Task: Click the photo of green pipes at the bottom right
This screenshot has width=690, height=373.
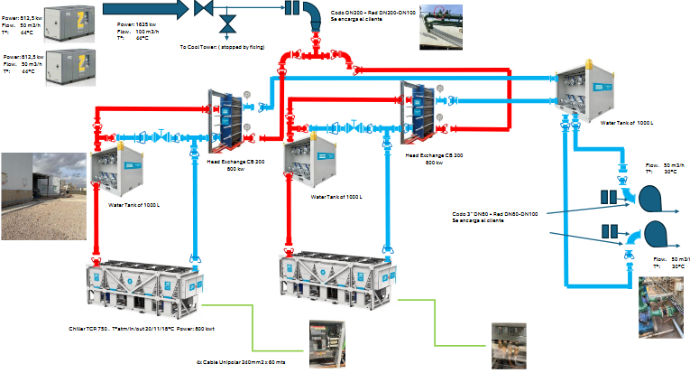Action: [662, 301]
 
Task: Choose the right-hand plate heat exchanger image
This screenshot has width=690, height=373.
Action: [422, 107]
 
